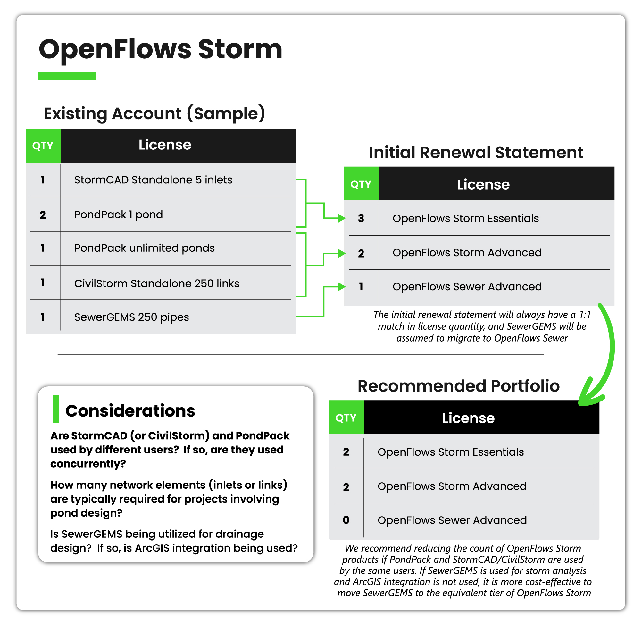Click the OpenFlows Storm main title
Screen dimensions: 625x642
pos(160,49)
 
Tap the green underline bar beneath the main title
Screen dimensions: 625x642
pos(67,76)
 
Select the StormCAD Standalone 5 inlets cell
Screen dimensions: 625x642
pos(153,180)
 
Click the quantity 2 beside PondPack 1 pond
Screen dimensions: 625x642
pos(43,215)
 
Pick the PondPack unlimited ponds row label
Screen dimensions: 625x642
pos(144,248)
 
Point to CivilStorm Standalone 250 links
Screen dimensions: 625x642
pos(156,283)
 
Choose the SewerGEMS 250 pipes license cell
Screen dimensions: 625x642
pos(131,317)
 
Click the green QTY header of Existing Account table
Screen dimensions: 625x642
pos(43,146)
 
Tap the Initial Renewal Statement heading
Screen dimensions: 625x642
pos(476,153)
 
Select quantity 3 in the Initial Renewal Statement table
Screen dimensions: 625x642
pos(361,218)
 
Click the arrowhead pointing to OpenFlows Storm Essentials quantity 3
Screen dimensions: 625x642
pos(341,218)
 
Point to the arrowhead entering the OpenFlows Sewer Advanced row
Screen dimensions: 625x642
pos(341,287)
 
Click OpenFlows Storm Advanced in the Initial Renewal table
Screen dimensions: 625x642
pos(467,253)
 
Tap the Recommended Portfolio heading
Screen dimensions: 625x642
pos(458,386)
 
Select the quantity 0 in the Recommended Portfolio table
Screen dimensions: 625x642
pos(346,520)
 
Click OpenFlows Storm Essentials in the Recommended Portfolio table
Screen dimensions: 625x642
pos(450,452)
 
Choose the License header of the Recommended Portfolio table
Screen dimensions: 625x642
pos(468,418)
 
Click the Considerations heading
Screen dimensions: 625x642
pos(130,411)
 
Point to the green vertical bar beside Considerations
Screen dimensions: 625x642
pos(56,409)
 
